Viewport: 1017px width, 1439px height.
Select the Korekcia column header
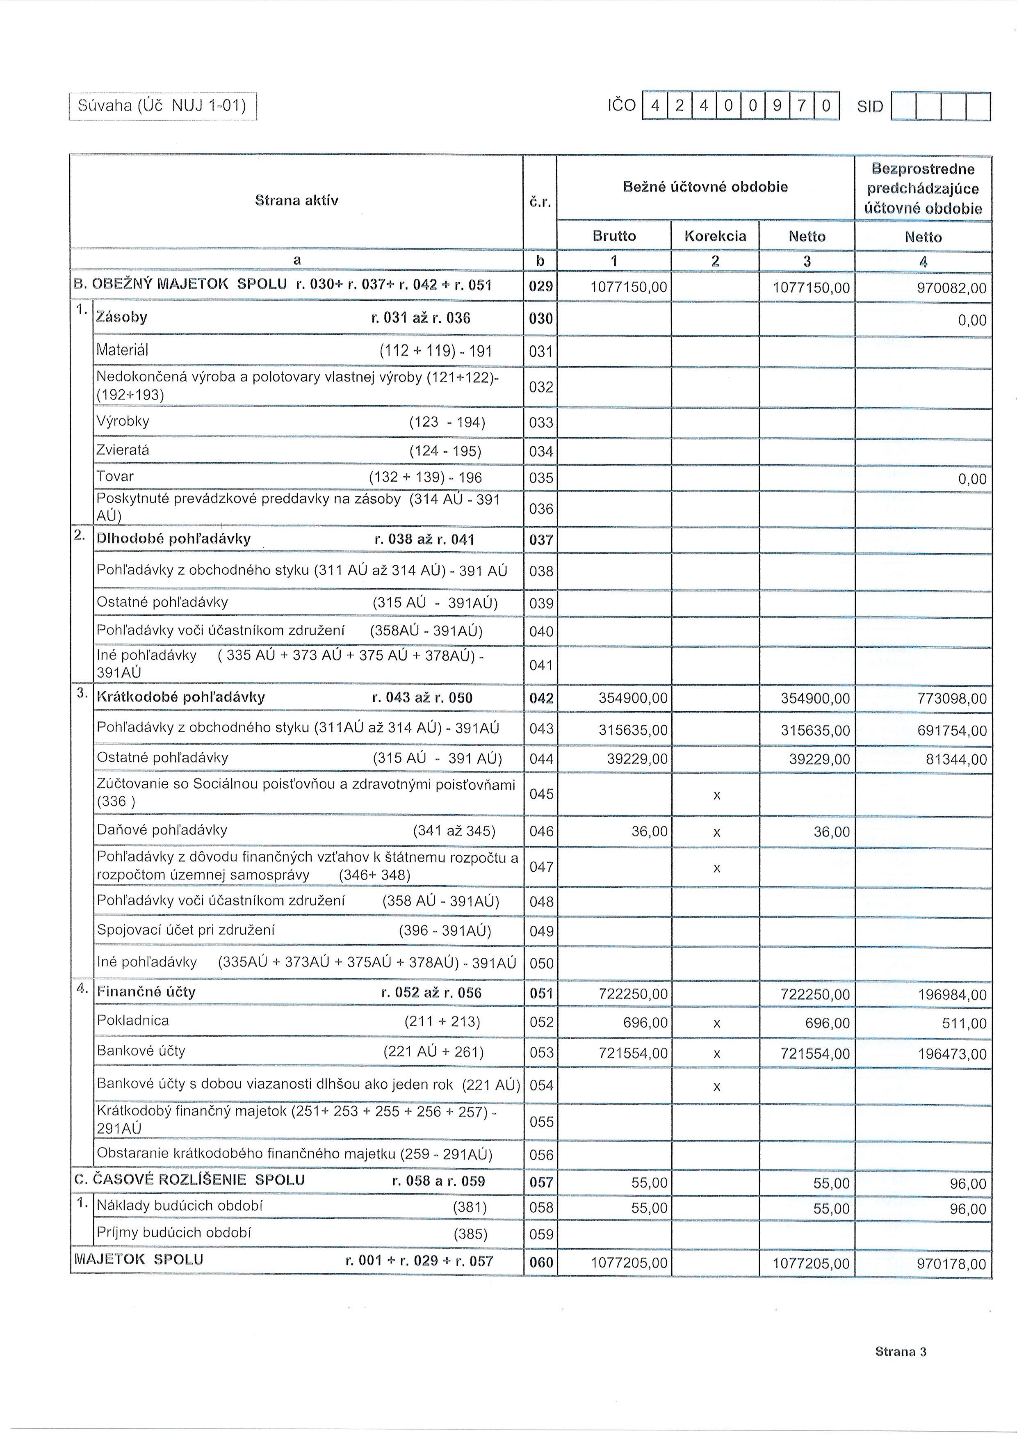[x=715, y=236]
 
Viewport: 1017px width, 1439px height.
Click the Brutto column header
[x=613, y=236]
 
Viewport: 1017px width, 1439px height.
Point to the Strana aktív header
[x=296, y=201]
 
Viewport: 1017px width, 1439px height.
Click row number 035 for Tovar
[x=541, y=478]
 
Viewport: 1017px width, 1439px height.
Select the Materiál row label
[x=123, y=350]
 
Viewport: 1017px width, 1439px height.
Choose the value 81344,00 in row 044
[x=956, y=760]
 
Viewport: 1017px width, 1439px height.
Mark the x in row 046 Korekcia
[x=717, y=833]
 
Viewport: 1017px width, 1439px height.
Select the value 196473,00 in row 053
[x=952, y=1054]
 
